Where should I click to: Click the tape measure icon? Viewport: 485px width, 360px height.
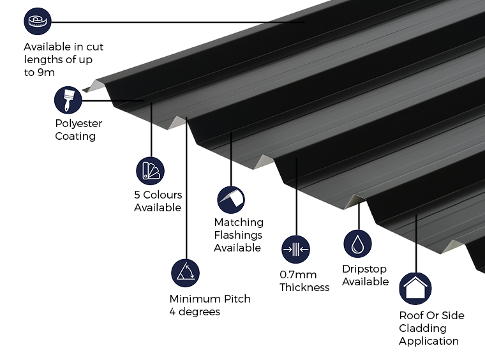38,21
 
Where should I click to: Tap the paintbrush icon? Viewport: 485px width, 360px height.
68,100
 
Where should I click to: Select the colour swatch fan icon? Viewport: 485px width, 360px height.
151,171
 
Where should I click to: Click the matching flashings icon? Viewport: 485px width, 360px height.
231,200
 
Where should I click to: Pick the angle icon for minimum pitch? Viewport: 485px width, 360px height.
185,273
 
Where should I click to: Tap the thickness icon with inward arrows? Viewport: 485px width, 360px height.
295,250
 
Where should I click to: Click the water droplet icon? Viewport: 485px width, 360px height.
357,244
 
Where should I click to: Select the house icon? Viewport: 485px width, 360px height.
415,289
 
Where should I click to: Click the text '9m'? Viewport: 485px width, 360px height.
46,72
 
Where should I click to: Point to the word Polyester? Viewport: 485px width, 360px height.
78,123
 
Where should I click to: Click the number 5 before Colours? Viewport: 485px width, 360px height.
137,195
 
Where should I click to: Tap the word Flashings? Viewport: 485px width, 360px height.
238,235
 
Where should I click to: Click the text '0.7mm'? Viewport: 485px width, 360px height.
294,274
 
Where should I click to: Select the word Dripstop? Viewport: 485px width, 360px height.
364,269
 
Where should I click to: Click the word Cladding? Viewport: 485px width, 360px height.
422,328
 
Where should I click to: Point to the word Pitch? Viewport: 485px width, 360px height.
237,299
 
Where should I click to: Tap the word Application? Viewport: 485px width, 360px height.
429,341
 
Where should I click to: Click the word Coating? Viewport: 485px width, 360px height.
75,137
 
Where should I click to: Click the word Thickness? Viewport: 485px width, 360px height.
304,287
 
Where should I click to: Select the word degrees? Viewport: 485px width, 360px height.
199,311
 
